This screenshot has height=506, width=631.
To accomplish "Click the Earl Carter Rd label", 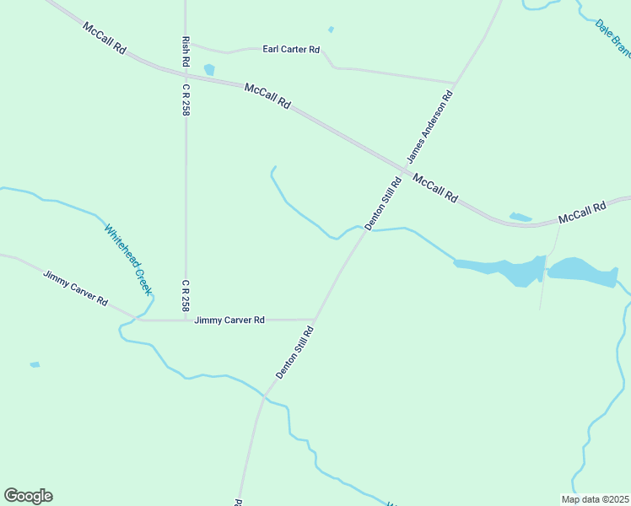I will pyautogui.click(x=291, y=50).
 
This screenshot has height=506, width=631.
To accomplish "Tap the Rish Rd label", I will pyautogui.click(x=186, y=53).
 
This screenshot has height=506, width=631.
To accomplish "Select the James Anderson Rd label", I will pyautogui.click(x=429, y=127).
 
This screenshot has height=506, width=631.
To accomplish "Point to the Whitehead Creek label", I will pyautogui.click(x=127, y=259).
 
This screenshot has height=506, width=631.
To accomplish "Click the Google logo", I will pyautogui.click(x=28, y=496).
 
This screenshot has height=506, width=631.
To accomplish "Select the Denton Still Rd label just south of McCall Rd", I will pyautogui.click(x=383, y=203).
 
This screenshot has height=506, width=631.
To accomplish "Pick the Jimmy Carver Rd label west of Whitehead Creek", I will pyautogui.click(x=76, y=288).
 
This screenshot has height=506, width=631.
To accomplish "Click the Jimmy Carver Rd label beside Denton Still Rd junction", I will pyautogui.click(x=229, y=320).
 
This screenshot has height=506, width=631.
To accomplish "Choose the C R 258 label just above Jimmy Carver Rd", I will pyautogui.click(x=186, y=295).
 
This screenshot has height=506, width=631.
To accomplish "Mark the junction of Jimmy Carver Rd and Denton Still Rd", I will pyautogui.click(x=315, y=320).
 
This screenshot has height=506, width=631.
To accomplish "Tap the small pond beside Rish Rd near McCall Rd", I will pyautogui.click(x=209, y=70).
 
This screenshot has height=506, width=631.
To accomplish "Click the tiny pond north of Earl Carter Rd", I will pyautogui.click(x=331, y=30).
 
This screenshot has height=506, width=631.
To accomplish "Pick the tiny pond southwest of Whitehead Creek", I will pyautogui.click(x=35, y=364).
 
